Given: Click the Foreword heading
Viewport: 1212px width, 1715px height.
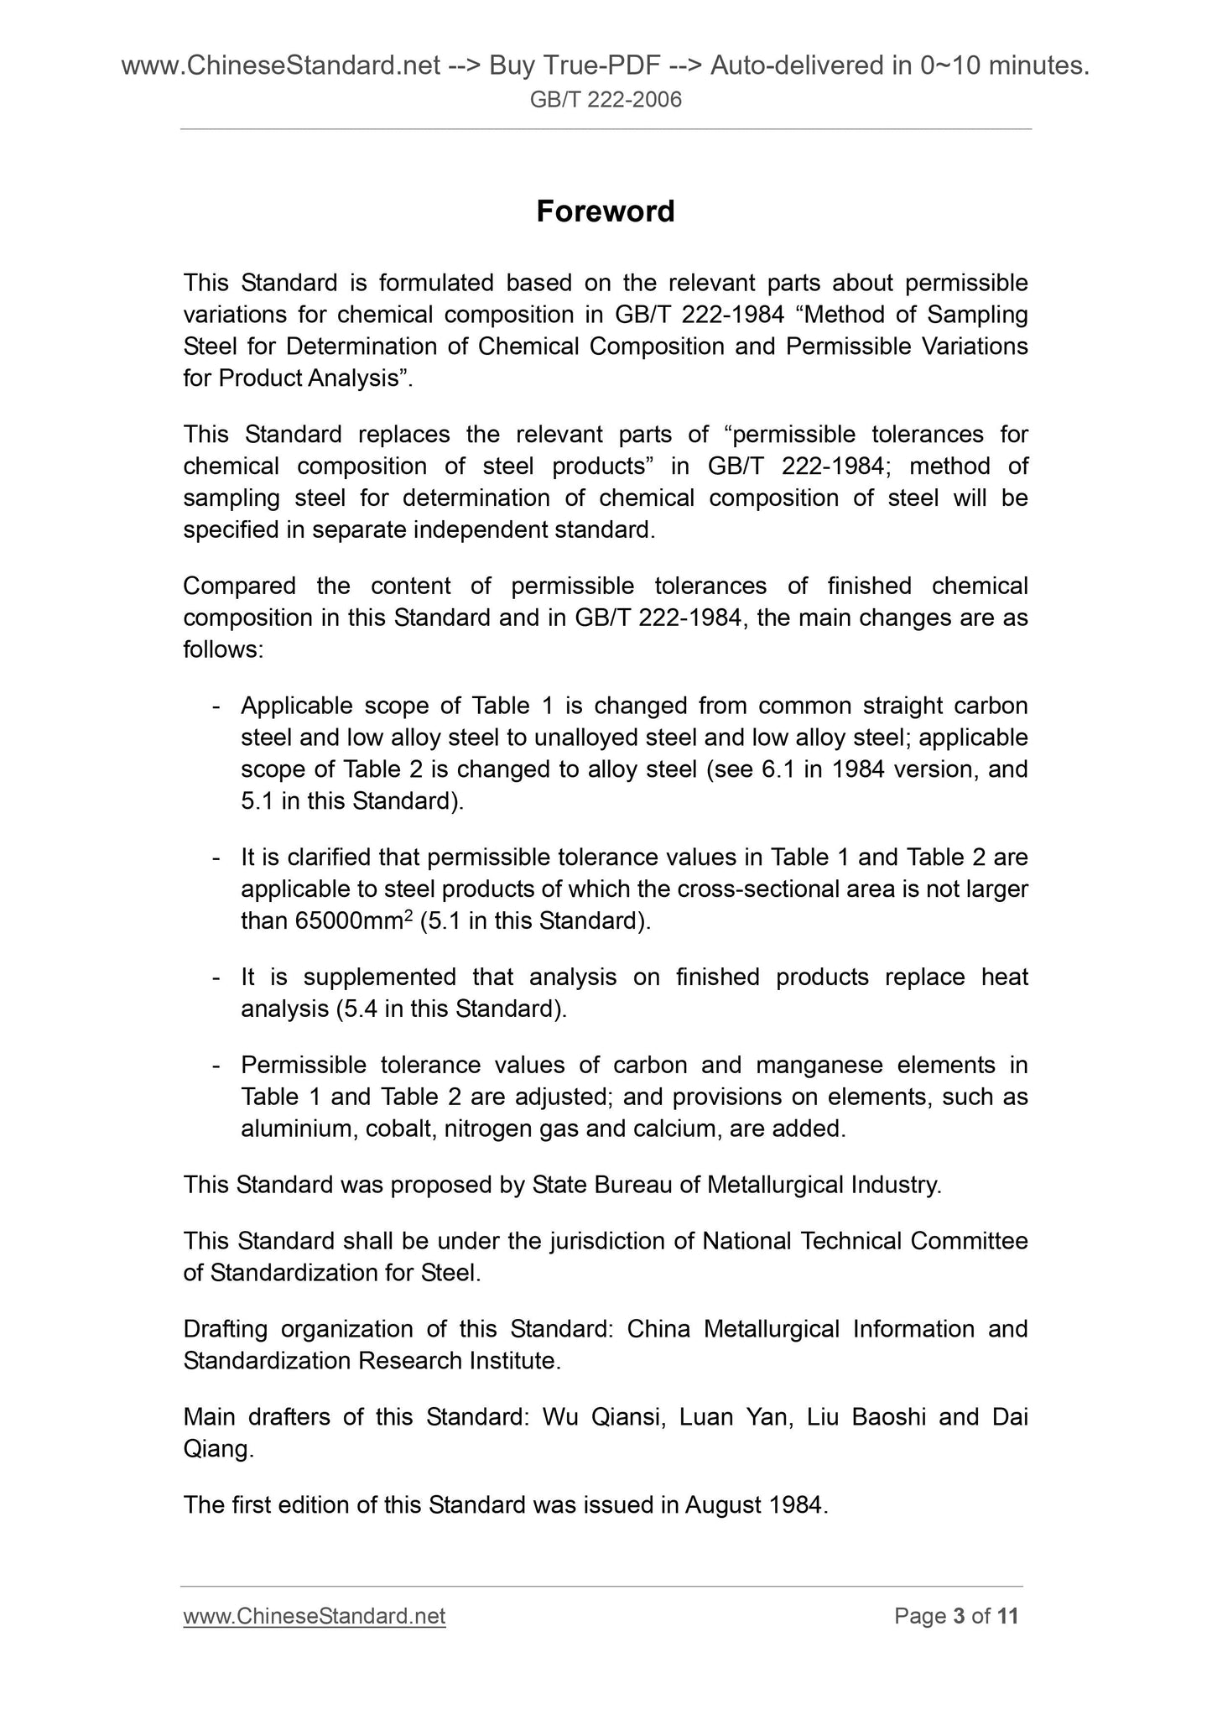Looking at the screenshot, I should [x=605, y=211].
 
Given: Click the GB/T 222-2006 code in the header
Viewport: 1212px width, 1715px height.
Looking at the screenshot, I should [x=606, y=101].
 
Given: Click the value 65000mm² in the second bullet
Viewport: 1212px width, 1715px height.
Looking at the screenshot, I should [x=354, y=921].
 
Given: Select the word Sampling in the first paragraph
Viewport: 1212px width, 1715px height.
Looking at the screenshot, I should [x=977, y=315].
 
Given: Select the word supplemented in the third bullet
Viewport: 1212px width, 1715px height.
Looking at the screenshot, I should [x=379, y=977].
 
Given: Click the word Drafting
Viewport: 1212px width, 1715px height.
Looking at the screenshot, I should [x=225, y=1329].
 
